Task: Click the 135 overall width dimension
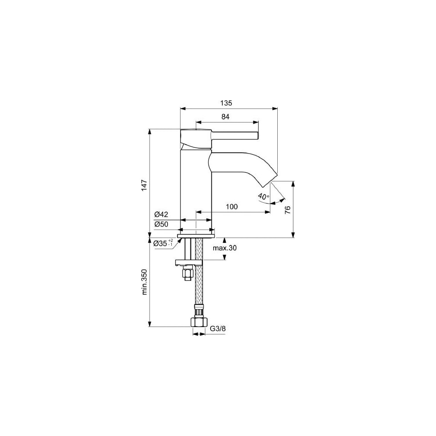(x=226, y=103)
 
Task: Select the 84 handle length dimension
(x=225, y=117)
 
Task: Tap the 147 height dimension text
(x=144, y=185)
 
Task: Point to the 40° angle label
(x=263, y=197)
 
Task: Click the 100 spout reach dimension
(x=232, y=207)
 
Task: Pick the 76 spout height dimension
(x=287, y=209)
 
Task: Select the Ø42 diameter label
(x=161, y=215)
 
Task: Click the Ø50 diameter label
(x=161, y=224)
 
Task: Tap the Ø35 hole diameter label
(x=163, y=243)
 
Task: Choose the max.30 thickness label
(x=225, y=248)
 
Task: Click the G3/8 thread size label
(x=218, y=329)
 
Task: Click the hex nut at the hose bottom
(x=198, y=322)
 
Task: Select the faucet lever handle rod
(x=235, y=136)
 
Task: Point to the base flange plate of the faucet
(x=196, y=236)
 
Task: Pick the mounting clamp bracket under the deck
(x=188, y=262)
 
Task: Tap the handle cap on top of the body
(x=196, y=138)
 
